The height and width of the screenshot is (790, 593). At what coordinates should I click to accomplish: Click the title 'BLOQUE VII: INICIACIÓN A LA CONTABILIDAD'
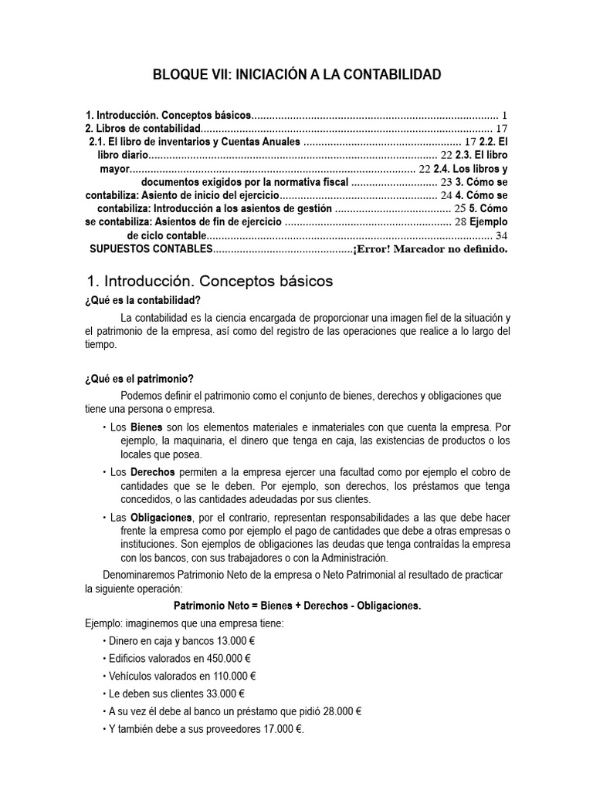297,75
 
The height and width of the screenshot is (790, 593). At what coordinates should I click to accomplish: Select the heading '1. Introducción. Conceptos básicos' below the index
208,282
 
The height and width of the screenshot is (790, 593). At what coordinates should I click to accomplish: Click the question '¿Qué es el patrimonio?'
139,378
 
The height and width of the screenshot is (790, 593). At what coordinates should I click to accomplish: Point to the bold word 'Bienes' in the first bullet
146,427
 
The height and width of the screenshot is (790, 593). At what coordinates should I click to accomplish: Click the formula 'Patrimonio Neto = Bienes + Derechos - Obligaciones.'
297,606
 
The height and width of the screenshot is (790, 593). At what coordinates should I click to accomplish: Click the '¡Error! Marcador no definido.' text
430,249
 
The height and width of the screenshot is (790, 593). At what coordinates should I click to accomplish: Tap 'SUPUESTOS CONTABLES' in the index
151,249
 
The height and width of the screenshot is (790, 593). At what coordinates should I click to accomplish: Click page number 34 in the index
501,235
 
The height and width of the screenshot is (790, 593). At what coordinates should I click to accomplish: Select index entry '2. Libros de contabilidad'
143,128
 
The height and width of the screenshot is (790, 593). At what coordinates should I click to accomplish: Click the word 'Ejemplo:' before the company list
103,623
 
